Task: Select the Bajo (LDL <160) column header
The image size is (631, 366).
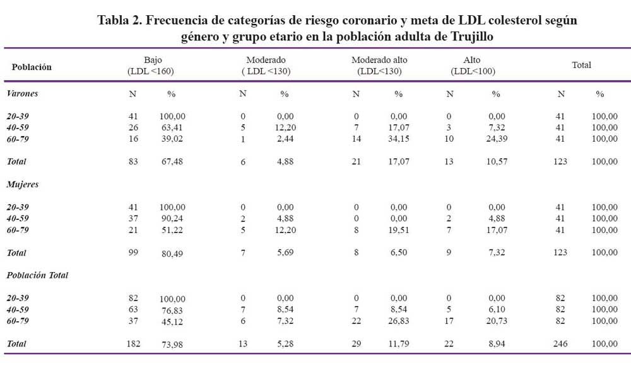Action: click(151, 66)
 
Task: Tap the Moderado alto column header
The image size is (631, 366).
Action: click(379, 66)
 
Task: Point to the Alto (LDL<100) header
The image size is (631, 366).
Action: click(473, 66)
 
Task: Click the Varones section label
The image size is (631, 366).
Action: click(22, 93)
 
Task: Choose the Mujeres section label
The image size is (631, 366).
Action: click(23, 185)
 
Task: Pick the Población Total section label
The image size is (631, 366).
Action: click(37, 275)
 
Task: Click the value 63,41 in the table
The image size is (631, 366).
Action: click(172, 128)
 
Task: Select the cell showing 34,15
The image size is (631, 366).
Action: click(398, 139)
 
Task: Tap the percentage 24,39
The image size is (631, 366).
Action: click(497, 139)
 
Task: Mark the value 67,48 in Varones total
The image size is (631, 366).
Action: click(172, 161)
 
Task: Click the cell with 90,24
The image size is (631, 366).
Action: click(172, 219)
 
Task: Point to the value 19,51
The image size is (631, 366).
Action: click(398, 230)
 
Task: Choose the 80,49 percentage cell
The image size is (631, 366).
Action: click(172, 253)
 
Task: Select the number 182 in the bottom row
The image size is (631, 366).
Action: click(133, 344)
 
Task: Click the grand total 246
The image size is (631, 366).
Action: click(560, 344)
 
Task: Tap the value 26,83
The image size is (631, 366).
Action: click(398, 321)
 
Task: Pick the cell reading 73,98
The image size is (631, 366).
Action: click(172, 345)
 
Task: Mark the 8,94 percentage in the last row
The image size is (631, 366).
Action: click(497, 344)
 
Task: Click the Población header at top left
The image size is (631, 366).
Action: click(32, 67)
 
